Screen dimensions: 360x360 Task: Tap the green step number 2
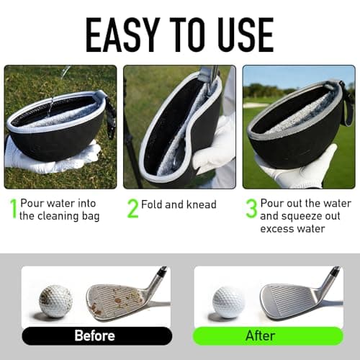click(132, 209)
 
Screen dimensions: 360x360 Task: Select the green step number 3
click(251, 209)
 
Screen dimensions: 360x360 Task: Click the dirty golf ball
click(55, 301)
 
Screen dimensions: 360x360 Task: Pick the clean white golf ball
click(229, 301)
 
